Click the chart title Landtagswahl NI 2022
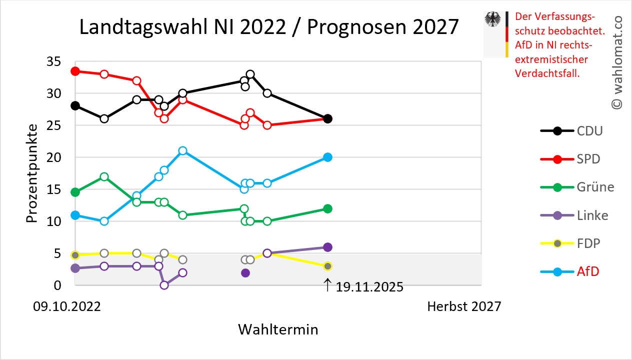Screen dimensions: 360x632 click(268, 27)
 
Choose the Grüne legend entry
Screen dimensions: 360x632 click(577, 187)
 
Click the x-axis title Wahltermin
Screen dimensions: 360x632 click(277, 329)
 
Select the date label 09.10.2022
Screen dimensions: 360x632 click(67, 306)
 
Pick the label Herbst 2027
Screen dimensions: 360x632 click(463, 306)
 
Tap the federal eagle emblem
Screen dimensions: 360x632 click(493, 20)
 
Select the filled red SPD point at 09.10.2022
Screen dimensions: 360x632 click(75, 71)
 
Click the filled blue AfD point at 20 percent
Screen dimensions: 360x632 click(327, 157)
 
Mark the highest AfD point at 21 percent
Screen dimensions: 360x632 click(183, 151)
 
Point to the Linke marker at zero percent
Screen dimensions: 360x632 click(164, 285)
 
